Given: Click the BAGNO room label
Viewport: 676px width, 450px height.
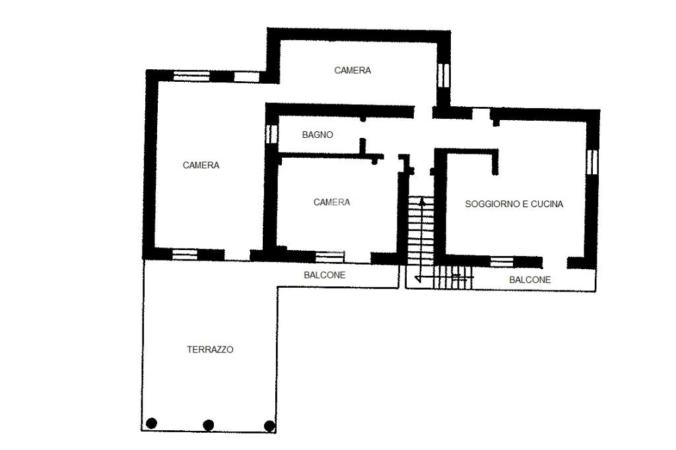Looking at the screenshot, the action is click(318, 135).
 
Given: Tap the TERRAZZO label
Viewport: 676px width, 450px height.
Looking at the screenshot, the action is click(210, 350).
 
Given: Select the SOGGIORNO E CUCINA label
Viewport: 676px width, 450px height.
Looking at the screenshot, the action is click(514, 204).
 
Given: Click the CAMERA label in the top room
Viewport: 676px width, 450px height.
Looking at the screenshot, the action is click(353, 70).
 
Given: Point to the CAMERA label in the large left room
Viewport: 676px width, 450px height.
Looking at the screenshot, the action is click(201, 165).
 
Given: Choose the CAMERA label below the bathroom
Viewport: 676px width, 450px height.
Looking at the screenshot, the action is click(331, 202).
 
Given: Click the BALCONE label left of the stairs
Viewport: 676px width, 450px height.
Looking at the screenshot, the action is click(325, 275).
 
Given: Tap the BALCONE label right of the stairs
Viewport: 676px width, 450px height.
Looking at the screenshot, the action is click(530, 280).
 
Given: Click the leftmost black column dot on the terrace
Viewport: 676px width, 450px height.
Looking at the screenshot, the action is click(151, 423).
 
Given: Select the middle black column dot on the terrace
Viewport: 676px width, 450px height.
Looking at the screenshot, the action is click(208, 425).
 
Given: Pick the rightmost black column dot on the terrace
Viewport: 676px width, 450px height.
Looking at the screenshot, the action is click(269, 426).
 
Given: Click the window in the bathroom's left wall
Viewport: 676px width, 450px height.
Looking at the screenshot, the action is click(271, 134).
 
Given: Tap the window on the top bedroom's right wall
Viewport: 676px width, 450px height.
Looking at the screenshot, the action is click(443, 76).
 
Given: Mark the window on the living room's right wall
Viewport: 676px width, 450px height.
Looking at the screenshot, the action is click(593, 162).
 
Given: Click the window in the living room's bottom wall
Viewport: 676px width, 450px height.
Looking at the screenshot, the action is click(502, 262).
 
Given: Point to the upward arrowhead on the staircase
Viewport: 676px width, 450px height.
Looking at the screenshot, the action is click(421, 201).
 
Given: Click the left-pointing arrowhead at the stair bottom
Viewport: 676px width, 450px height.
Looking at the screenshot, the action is click(417, 278).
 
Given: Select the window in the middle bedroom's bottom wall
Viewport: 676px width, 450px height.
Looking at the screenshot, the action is click(330, 257).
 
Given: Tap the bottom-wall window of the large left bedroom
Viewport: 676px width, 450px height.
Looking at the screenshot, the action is click(185, 254).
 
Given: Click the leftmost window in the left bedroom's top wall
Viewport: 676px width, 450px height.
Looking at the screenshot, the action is click(191, 77).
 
